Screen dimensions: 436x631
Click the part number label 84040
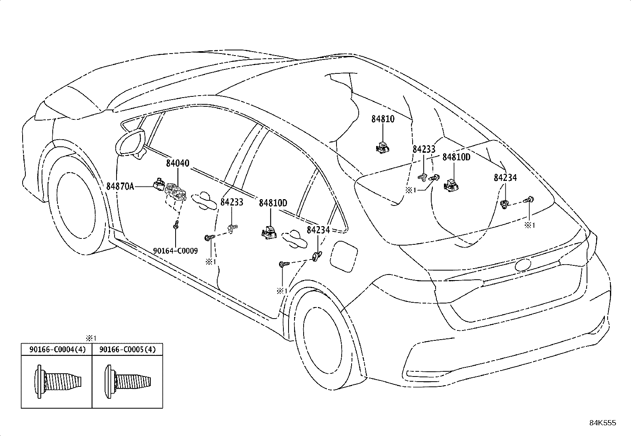tap(177, 163)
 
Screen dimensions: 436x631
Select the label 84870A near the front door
tap(120, 186)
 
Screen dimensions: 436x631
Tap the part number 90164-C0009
tap(175, 251)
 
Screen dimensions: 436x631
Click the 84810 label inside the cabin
tap(383, 119)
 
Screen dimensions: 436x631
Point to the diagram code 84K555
tap(602, 423)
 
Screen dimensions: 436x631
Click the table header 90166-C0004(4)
tap(56, 350)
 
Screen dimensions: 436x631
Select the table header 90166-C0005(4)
tap(128, 350)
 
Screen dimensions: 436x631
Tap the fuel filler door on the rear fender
tap(342, 256)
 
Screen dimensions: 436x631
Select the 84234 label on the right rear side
tap(505, 178)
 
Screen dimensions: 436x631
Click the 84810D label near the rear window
tap(456, 157)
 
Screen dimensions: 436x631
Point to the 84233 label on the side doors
tap(231, 202)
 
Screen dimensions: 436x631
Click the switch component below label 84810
tap(383, 148)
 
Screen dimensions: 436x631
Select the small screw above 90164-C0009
tap(176, 227)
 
